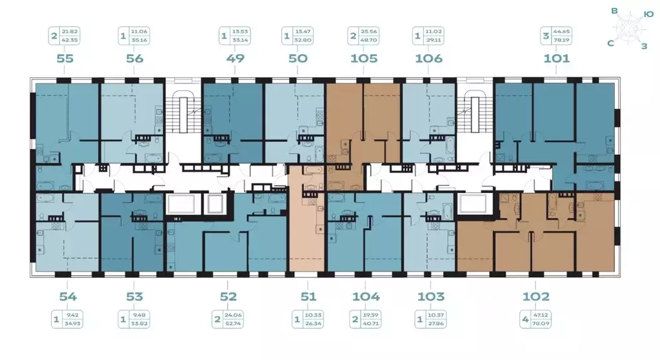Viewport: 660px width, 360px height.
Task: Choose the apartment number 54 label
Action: tap(68, 297)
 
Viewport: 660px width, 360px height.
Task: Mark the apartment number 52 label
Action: tap(228, 297)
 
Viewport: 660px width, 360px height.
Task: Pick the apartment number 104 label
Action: tap(366, 297)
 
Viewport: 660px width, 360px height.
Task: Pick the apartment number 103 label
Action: tap(431, 297)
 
